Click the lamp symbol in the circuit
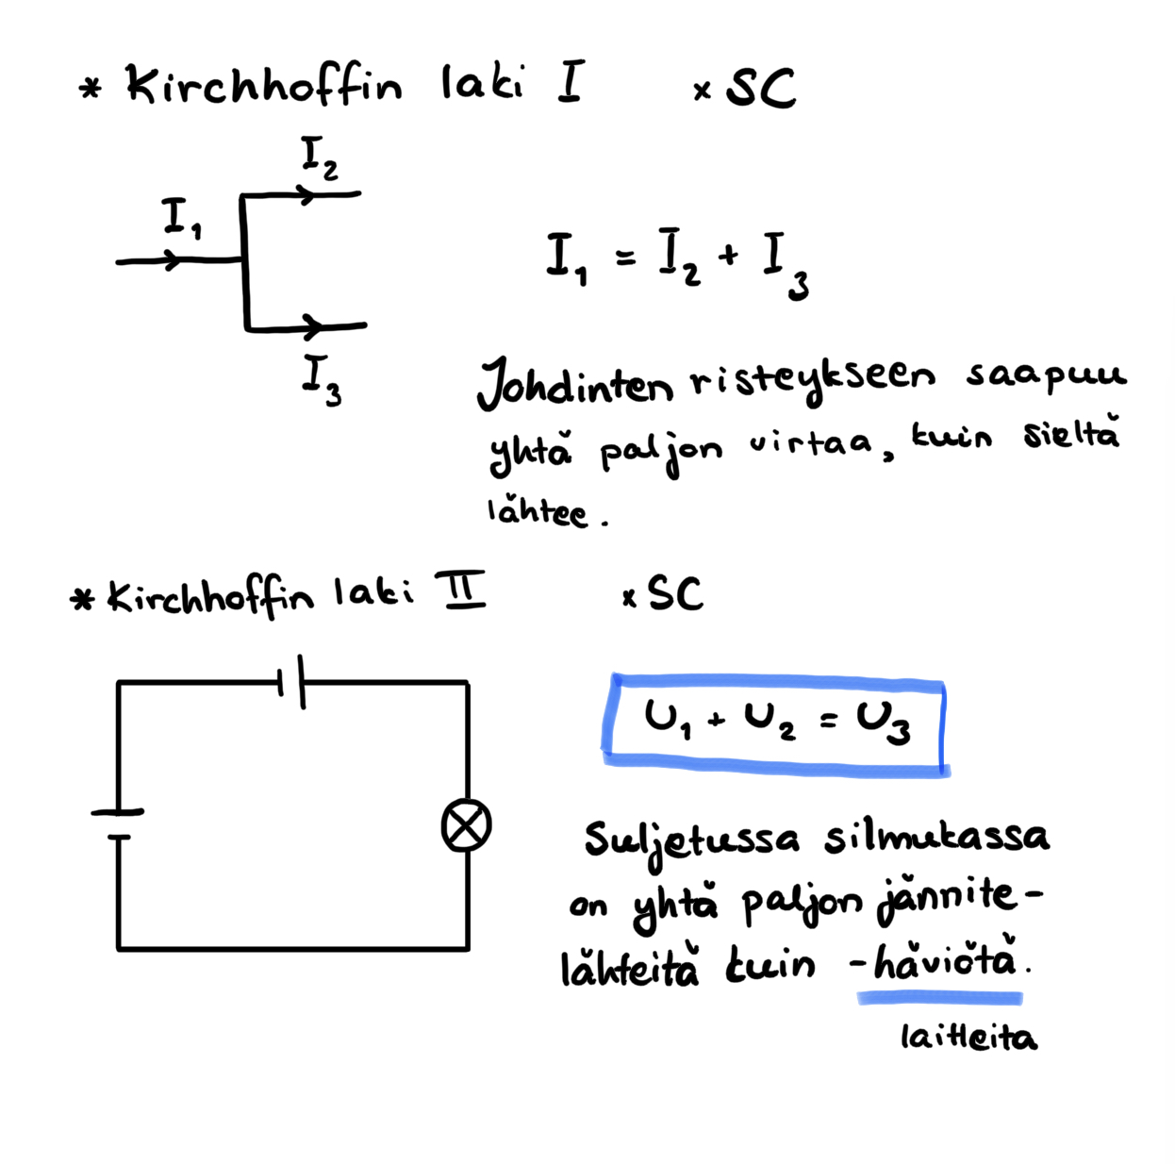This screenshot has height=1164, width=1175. (467, 825)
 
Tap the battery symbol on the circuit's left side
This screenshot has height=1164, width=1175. (118, 823)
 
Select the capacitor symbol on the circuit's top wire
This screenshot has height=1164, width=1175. (290, 681)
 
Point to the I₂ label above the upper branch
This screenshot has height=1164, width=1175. (319, 157)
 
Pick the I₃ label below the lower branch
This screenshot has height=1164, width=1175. (321, 379)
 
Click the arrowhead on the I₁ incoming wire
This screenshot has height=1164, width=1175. (172, 260)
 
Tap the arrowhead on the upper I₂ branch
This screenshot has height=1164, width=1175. (306, 195)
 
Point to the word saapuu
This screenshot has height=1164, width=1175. (1045, 376)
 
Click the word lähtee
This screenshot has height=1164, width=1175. (538, 511)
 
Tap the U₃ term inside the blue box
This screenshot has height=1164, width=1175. (884, 723)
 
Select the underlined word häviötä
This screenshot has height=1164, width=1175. (946, 962)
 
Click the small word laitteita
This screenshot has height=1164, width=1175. (968, 1038)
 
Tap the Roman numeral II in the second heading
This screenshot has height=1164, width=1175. (460, 590)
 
